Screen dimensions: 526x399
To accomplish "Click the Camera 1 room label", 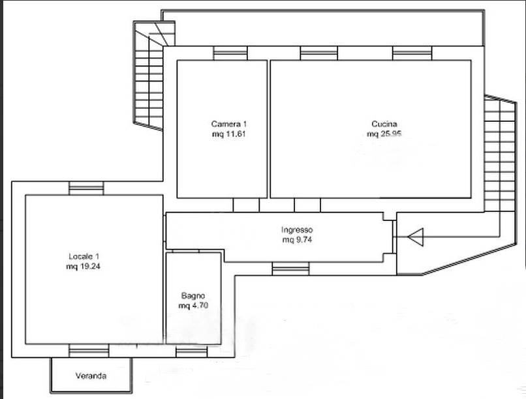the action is [229, 124].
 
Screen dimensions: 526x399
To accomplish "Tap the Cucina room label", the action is [384, 124].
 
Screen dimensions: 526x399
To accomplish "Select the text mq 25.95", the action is [384, 134].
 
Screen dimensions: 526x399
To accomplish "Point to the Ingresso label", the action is [297, 230].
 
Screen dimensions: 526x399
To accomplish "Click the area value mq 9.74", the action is [297, 240].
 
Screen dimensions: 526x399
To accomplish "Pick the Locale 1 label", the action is [84, 257].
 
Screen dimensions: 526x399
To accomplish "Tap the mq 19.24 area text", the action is [84, 267].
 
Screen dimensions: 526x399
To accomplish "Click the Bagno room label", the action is [193, 296].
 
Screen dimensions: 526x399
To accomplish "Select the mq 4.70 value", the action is [193, 306].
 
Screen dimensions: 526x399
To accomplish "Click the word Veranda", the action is [91, 376].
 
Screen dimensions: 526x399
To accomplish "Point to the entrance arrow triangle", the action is [416, 237].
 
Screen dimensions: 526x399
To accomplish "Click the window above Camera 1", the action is [230, 53].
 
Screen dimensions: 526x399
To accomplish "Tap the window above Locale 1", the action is [86, 188].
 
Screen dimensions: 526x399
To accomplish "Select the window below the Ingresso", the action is [290, 269].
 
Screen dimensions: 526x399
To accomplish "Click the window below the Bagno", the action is [192, 351].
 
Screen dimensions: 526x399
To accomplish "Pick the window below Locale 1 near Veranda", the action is [89, 351].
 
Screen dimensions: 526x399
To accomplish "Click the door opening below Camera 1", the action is [246, 205].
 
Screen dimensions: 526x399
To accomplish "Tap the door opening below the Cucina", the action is [307, 205].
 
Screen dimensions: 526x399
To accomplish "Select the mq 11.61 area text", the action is [229, 134].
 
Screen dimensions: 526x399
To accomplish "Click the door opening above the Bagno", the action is [185, 251].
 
